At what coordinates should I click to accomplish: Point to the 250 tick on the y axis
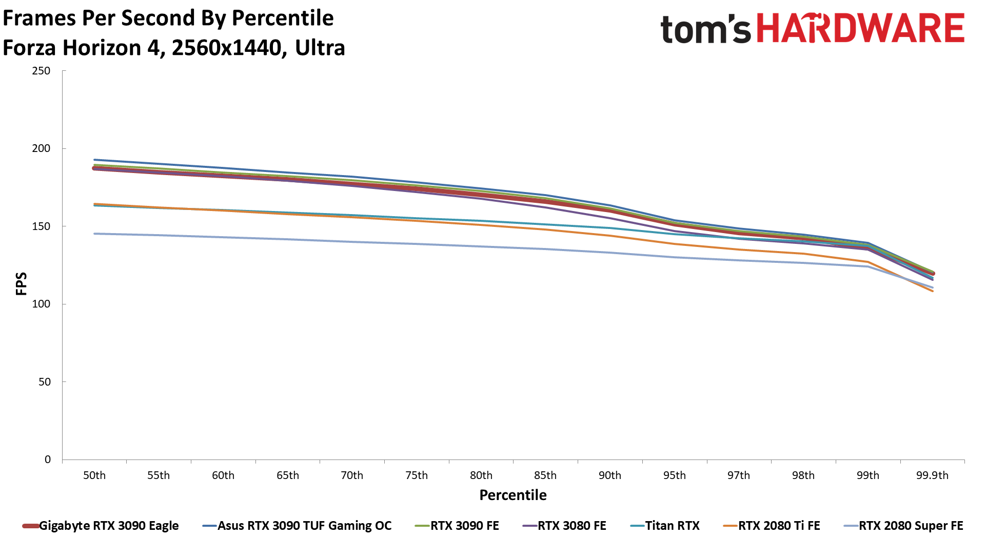tap(41, 71)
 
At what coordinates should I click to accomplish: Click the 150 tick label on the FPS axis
tap(41, 226)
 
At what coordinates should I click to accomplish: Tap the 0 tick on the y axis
tap(48, 460)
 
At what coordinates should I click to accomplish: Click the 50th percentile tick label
tap(94, 475)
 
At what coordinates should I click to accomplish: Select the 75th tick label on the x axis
tap(417, 475)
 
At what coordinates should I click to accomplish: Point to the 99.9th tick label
tap(932, 475)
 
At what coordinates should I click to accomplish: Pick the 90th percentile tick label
tap(610, 475)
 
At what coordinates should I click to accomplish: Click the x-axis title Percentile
tap(513, 495)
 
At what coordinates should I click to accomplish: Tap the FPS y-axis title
tap(21, 284)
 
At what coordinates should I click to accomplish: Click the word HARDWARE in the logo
tap(860, 28)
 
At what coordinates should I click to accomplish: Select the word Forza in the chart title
tap(29, 48)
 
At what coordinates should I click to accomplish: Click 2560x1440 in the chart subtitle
tap(226, 48)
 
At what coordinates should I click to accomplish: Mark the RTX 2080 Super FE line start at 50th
tap(94, 234)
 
